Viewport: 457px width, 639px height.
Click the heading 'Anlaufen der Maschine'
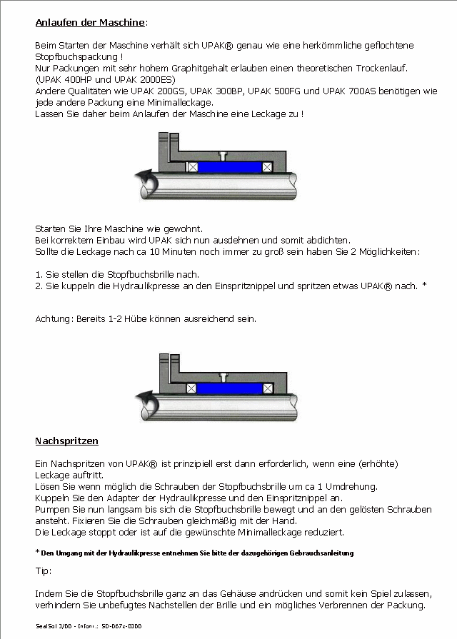[90, 23]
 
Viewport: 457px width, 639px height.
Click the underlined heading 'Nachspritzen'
[66, 441]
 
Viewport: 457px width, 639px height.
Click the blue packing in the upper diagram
[228, 166]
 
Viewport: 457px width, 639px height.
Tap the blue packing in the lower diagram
[228, 388]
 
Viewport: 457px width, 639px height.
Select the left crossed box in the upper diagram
[191, 166]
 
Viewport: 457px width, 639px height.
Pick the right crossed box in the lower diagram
[266, 388]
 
